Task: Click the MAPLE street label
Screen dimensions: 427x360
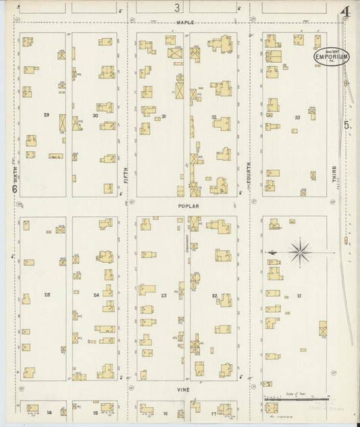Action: point(185,22)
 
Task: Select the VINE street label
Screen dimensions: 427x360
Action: point(184,390)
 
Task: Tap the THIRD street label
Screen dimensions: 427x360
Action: point(334,174)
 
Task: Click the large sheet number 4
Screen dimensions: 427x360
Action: point(346,12)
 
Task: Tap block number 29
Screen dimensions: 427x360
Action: point(47,115)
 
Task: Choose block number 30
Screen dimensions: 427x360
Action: point(95,116)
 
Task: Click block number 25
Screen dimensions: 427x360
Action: point(47,295)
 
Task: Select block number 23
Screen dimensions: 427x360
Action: point(163,295)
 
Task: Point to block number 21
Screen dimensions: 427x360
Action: point(299,296)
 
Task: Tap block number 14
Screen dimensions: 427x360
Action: point(49,413)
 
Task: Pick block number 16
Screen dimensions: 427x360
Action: point(165,413)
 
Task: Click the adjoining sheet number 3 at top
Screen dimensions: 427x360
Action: point(177,8)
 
